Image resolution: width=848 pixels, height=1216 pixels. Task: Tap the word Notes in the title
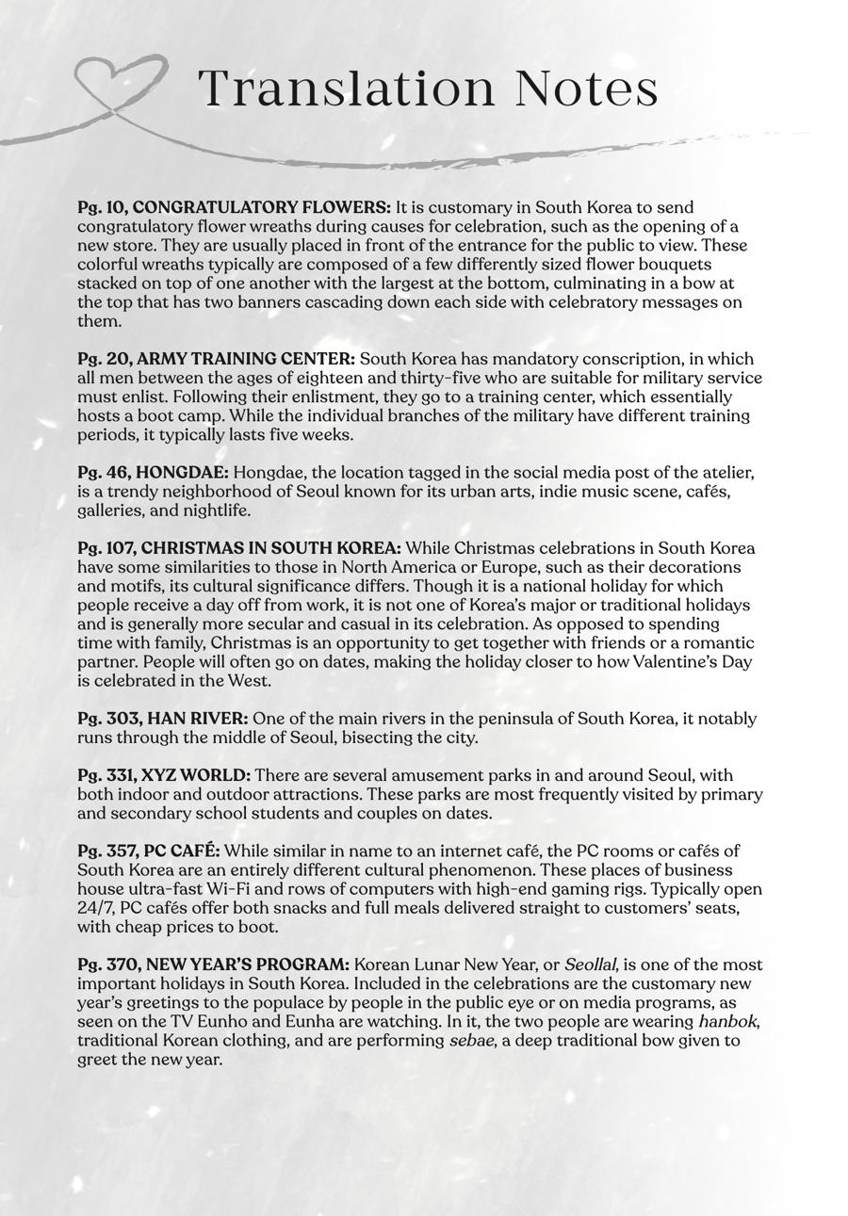(586, 89)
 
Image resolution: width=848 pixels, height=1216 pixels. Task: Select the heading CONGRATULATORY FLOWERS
(262, 207)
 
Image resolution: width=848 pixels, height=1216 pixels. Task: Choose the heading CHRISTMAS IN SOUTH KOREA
(271, 548)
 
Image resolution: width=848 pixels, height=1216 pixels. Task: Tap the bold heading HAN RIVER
(198, 719)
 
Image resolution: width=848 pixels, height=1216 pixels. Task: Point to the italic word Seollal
(591, 965)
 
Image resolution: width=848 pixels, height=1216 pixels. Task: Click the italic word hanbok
(728, 1022)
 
